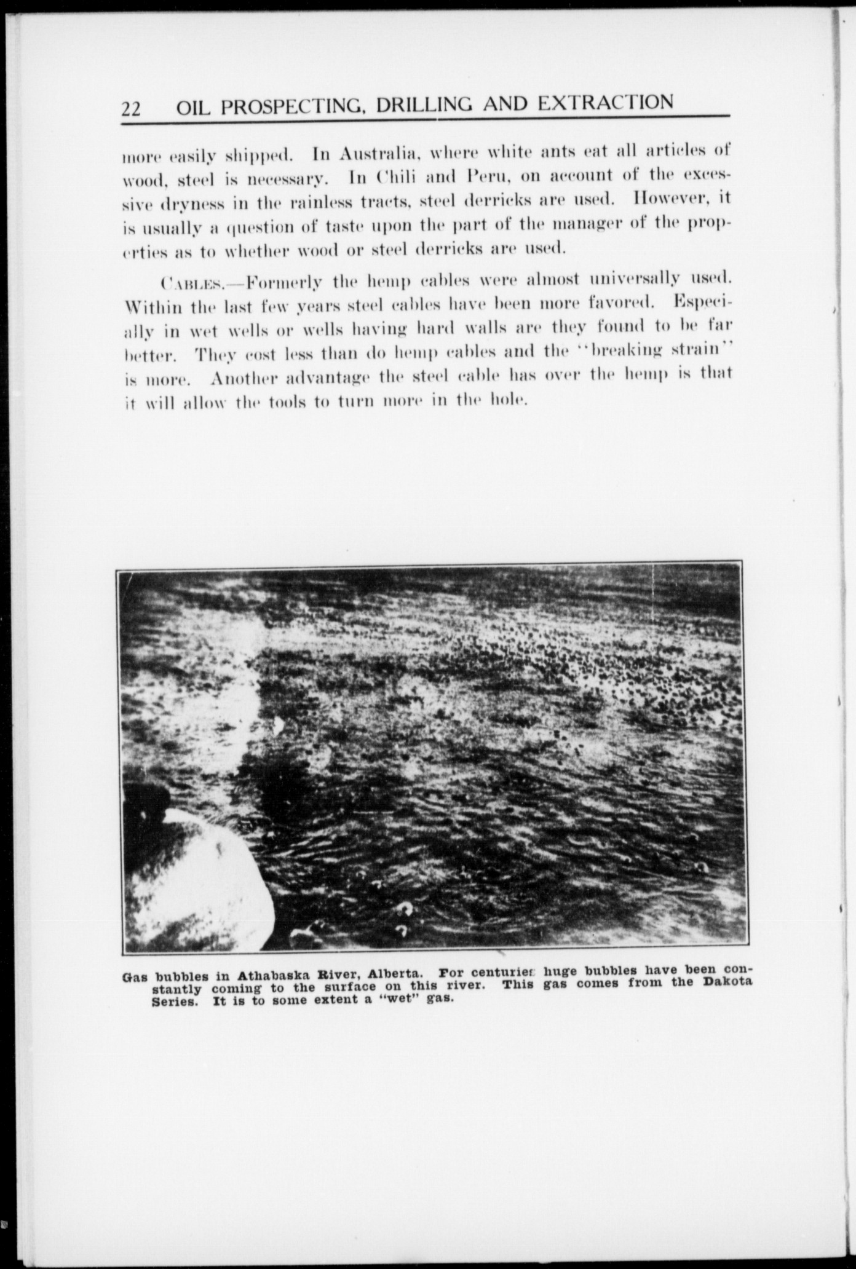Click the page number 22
[x=132, y=108]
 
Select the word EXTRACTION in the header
[x=605, y=102]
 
